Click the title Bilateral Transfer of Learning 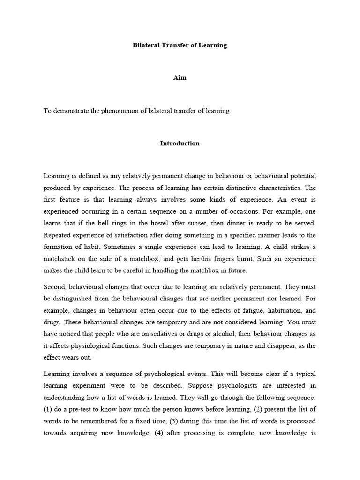click(x=180, y=45)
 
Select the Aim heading click(x=180, y=78)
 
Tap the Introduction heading click(x=180, y=143)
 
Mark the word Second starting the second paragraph click(x=54, y=285)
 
